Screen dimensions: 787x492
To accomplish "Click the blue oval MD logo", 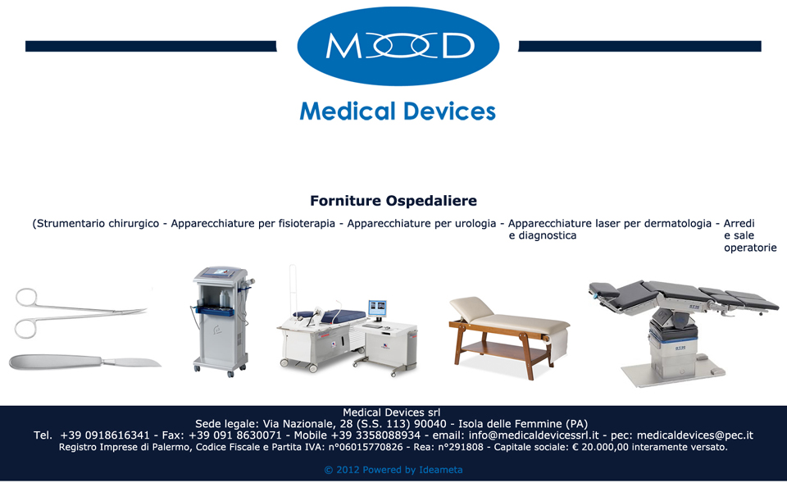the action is tap(398, 46).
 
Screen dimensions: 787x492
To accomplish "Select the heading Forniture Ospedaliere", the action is tap(393, 201).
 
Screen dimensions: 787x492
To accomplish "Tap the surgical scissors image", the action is tap(80, 312).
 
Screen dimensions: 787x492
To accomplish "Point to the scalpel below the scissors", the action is tap(85, 361).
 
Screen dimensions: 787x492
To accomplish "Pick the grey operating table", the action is tap(683, 331).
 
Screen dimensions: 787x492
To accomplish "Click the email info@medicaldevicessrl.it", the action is tap(534, 435).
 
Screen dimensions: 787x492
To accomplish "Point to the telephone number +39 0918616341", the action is tap(105, 435).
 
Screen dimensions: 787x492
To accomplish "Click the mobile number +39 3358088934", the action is tap(375, 435).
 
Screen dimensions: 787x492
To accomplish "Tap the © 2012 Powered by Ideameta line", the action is tap(393, 470).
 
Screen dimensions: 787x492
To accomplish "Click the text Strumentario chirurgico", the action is tap(98, 223).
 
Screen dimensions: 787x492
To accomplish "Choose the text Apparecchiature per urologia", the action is tap(421, 223).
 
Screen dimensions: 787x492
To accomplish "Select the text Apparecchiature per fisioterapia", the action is tap(253, 223).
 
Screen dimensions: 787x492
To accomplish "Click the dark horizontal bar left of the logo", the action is tap(151, 46).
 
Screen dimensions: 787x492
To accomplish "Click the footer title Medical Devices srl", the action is tap(392, 412).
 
